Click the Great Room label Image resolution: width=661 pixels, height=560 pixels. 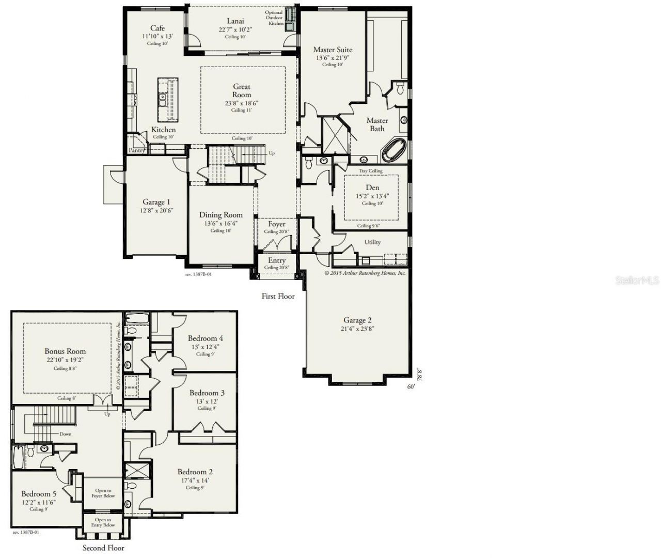point(242,90)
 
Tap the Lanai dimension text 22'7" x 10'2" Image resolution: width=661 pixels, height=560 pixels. point(235,29)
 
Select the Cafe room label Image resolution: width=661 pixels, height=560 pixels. point(158,28)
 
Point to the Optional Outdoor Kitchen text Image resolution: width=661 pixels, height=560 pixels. point(274,18)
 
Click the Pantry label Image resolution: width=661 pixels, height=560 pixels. point(137,150)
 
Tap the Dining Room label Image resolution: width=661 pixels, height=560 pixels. point(221,215)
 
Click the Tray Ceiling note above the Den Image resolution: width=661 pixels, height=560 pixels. point(371,171)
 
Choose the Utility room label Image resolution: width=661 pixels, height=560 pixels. point(372,242)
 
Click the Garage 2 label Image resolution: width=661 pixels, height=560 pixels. point(357,320)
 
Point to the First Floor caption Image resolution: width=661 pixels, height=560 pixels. point(278,296)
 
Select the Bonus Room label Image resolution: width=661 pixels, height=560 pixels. point(65,351)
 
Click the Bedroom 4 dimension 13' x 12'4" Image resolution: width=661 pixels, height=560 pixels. point(205,347)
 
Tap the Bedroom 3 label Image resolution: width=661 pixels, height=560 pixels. point(207,393)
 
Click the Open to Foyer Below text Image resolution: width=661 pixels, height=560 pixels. point(103,493)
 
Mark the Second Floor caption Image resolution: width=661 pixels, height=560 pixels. point(103,548)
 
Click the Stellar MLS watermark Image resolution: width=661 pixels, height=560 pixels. point(637,281)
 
